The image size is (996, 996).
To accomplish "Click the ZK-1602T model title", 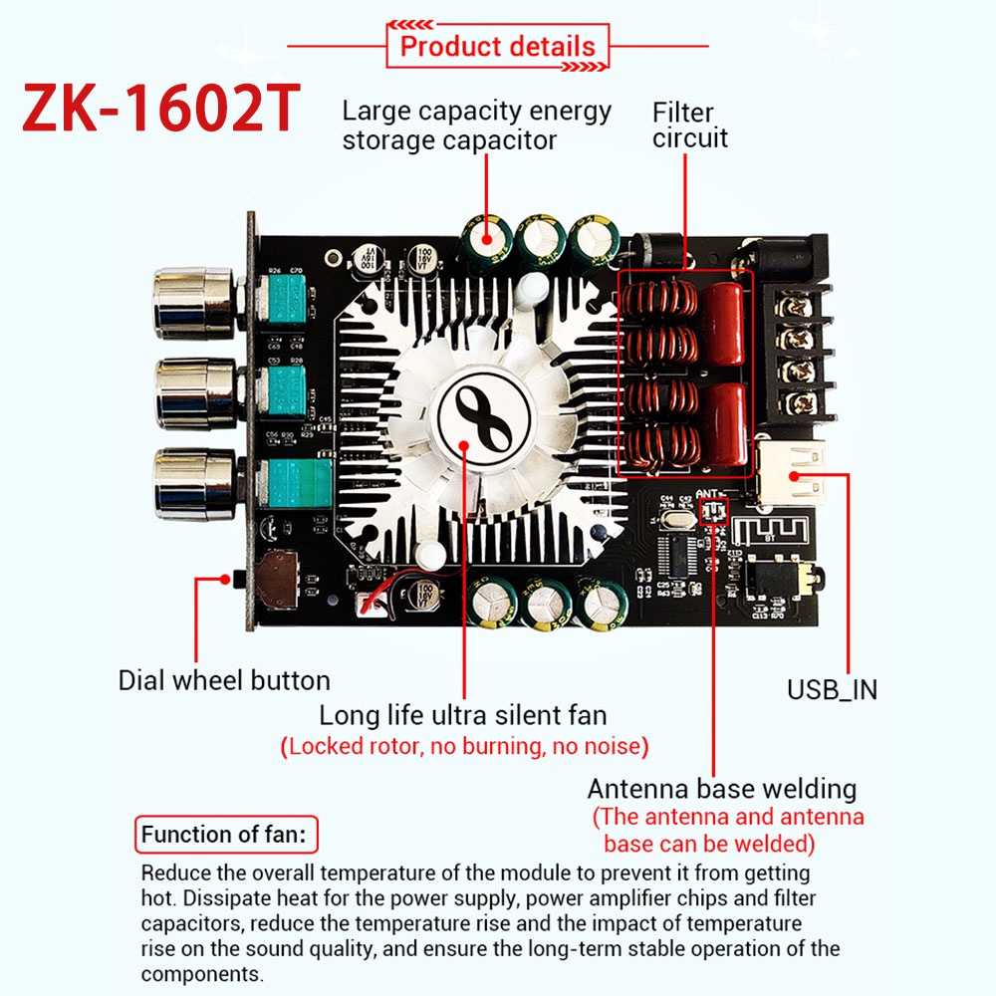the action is (161, 107).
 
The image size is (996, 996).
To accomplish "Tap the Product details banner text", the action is (497, 47).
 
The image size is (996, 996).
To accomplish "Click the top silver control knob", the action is (194, 303).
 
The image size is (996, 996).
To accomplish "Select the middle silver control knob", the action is (195, 393).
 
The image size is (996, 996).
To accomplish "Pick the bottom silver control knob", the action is (194, 484).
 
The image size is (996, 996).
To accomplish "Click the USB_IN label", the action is (832, 690).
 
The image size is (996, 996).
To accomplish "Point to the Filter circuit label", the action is (690, 125).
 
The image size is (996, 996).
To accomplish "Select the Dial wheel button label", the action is (224, 680).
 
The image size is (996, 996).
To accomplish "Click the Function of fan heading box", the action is (226, 834).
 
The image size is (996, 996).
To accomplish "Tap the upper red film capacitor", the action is (722, 324).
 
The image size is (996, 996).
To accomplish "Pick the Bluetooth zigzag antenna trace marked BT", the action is (770, 531).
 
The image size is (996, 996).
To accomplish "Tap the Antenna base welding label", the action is (721, 789).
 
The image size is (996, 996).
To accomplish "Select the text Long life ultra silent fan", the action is (462, 715).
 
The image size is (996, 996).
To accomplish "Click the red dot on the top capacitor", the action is (487, 239).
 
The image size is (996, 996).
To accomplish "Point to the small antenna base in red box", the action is (713, 510).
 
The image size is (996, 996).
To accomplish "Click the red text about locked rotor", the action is (464, 746).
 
